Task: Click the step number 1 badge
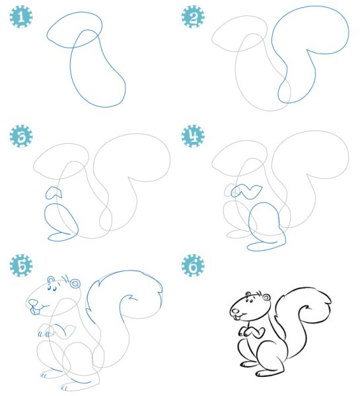21,16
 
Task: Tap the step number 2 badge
193,16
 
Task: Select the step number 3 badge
21,136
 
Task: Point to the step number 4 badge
193,136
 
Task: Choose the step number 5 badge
21,265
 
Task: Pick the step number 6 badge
193,265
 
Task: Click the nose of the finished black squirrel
236,312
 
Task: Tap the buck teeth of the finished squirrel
236,317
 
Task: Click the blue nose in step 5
33,302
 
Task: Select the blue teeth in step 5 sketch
34,311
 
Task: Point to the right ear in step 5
75,283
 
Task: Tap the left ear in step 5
52,279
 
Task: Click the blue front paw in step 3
54,193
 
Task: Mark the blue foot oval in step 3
59,237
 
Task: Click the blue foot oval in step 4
260,246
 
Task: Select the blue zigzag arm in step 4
247,191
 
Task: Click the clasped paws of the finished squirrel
252,332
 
